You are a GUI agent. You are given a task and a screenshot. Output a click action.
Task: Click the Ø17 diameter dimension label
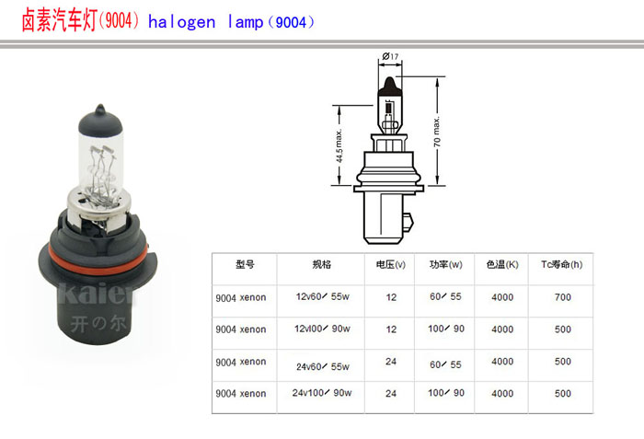click(x=390, y=56)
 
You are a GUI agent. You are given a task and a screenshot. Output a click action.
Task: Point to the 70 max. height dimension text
click(x=437, y=132)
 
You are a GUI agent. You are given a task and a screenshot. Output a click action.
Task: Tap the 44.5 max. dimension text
click(x=339, y=146)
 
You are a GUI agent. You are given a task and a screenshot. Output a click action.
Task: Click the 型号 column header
click(x=245, y=264)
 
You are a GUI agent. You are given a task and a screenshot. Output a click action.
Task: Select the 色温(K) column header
click(x=502, y=264)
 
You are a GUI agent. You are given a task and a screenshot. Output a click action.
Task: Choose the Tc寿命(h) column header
click(x=561, y=264)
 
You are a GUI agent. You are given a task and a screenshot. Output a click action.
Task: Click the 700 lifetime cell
click(x=563, y=297)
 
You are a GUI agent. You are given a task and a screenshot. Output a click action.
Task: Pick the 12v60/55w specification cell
click(x=322, y=296)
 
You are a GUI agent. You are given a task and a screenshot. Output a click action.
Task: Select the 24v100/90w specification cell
click(x=322, y=393)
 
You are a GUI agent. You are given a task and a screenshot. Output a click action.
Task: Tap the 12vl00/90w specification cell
click(x=322, y=329)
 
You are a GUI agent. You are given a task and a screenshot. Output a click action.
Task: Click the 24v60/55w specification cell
click(x=323, y=366)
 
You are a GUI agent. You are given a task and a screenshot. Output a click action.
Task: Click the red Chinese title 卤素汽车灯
click(x=59, y=20)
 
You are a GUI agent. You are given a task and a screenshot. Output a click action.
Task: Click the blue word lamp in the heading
click(x=246, y=22)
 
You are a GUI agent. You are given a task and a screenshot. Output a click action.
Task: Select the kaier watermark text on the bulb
click(x=97, y=293)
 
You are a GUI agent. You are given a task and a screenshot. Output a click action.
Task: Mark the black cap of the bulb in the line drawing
click(x=389, y=87)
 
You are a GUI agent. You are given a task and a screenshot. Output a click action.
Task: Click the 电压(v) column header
click(x=391, y=264)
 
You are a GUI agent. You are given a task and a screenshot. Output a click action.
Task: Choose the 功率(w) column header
click(x=445, y=264)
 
